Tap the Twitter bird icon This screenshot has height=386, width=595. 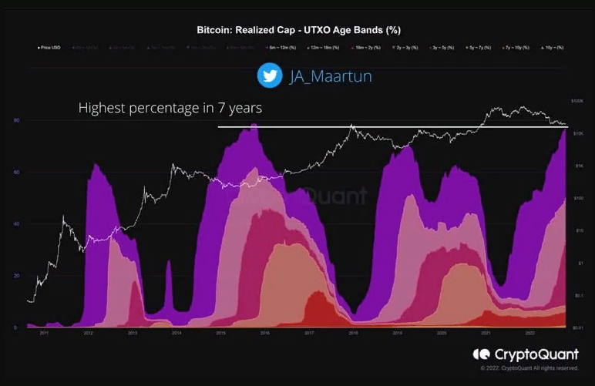click(269, 75)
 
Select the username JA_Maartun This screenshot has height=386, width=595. click(319, 76)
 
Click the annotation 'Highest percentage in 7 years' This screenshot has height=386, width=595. click(170, 109)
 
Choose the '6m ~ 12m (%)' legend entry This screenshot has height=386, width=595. click(282, 48)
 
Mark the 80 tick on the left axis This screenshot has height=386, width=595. click(16, 121)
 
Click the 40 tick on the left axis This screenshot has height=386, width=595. click(16, 224)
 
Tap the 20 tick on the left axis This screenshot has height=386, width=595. click(16, 276)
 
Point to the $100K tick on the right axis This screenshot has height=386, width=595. click(577, 101)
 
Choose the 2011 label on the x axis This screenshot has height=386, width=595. click(45, 334)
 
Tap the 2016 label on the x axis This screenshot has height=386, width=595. click(265, 334)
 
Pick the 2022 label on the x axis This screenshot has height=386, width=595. click(530, 334)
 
